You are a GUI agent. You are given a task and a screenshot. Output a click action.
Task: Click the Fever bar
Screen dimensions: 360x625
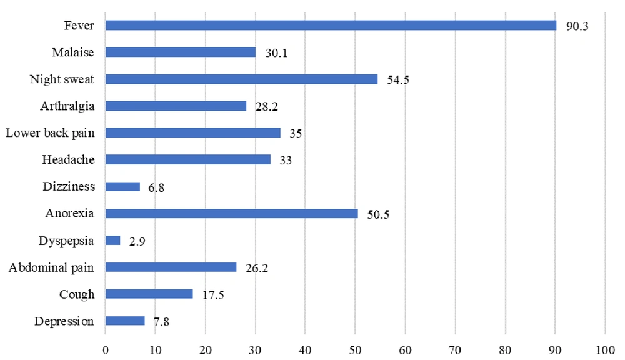click(x=331, y=26)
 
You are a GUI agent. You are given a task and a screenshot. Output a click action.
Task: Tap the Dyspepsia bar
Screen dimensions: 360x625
click(x=112, y=241)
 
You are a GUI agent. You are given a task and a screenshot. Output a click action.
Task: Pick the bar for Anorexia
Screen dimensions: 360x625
click(x=231, y=214)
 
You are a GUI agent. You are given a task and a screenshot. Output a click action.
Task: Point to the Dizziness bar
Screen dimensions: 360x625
click(x=122, y=187)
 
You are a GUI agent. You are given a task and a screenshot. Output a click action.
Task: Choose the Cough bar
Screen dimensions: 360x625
click(x=149, y=294)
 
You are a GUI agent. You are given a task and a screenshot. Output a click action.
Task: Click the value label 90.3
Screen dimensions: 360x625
click(x=578, y=26)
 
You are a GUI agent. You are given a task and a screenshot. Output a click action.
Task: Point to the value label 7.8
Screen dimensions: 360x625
click(x=162, y=321)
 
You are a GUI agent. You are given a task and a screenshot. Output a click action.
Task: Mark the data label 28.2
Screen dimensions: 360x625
click(x=267, y=107)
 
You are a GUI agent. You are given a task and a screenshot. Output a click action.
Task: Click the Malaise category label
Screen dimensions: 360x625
click(x=73, y=52)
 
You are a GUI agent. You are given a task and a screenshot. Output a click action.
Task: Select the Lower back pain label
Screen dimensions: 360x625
click(x=50, y=133)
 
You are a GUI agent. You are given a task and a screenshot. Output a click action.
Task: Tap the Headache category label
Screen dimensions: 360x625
click(x=68, y=160)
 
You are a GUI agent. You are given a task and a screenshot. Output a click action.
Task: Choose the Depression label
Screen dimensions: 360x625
click(x=65, y=321)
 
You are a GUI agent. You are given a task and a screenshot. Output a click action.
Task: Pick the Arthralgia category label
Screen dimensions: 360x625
click(x=67, y=106)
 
